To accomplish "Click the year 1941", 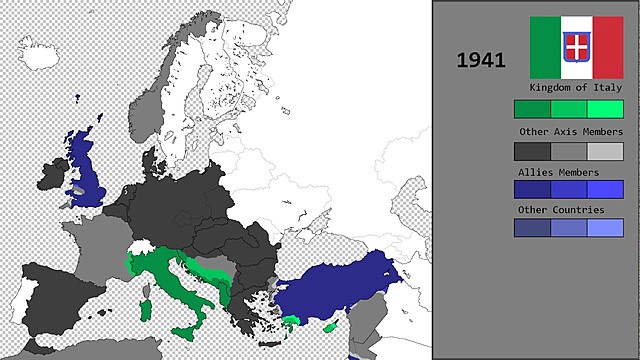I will tap(481, 60).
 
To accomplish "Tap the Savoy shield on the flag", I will tap(576, 45).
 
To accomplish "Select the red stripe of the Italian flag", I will tap(607, 47).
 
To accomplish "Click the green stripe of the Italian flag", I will tap(545, 47).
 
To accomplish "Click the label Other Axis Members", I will tap(570, 131).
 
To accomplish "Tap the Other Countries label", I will tap(561, 210).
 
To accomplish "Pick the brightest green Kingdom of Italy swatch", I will tap(605, 109).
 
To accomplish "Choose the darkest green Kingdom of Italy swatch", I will tap(532, 109).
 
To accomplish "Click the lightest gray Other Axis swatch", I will tap(605, 151).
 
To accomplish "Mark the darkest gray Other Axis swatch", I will tap(532, 151).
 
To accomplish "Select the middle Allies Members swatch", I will tap(569, 189).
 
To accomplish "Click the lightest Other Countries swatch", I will tap(605, 228).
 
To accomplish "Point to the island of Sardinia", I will tap(147, 305).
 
